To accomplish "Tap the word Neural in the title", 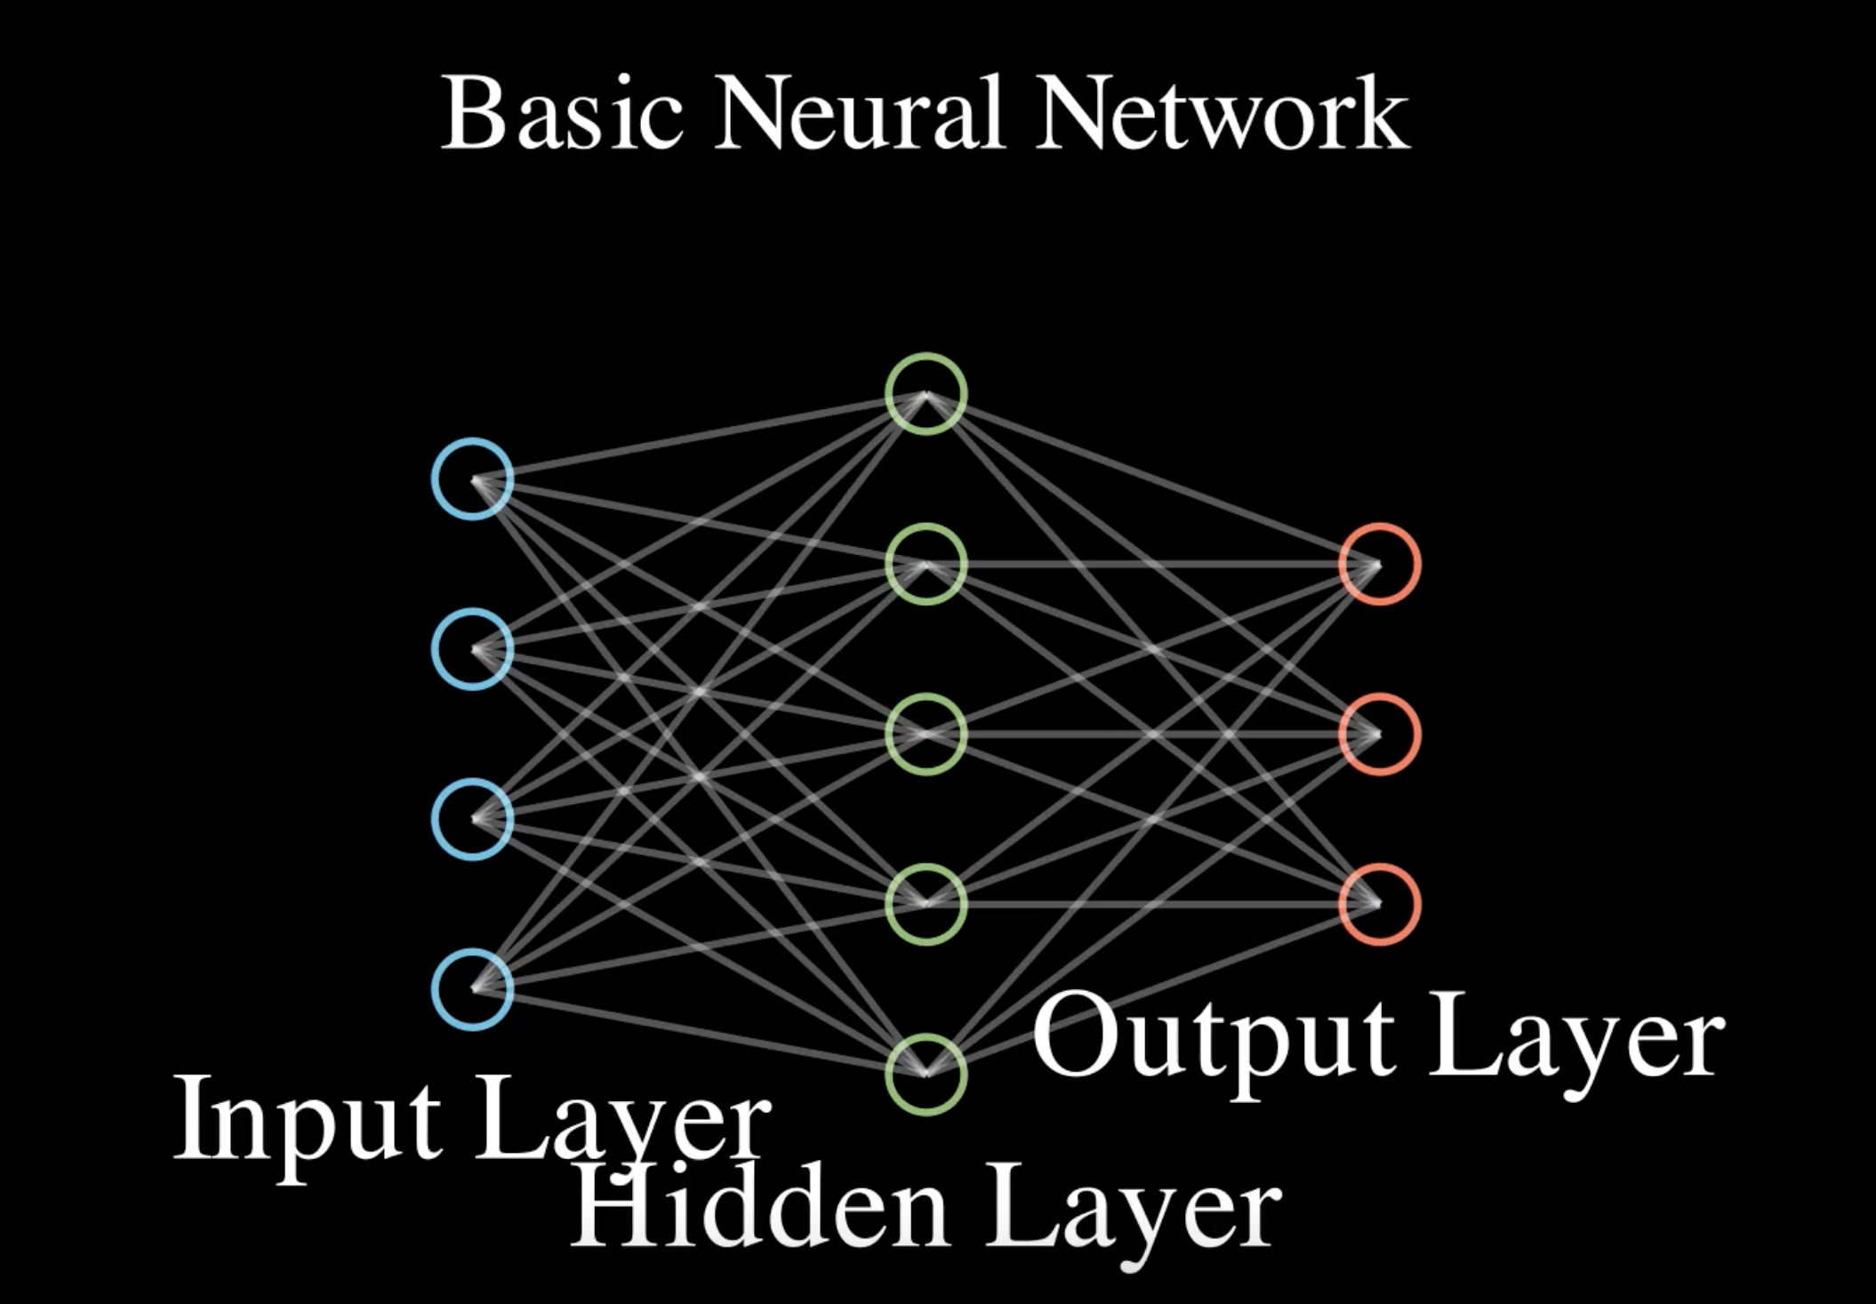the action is (861, 113).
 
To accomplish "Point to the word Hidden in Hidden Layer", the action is (761, 1204).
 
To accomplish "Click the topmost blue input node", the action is (472, 479).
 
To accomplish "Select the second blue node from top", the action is (472, 649).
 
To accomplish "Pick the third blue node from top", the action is (472, 819).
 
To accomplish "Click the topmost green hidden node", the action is (926, 394).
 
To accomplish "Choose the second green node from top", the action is (926, 564).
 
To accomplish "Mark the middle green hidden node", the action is (926, 734).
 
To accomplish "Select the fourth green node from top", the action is (926, 904).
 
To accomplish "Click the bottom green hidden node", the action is (926, 1074).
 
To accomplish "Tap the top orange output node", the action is (1380, 564).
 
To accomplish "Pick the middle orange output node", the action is (1380, 734).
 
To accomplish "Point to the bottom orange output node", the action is (1380, 904).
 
